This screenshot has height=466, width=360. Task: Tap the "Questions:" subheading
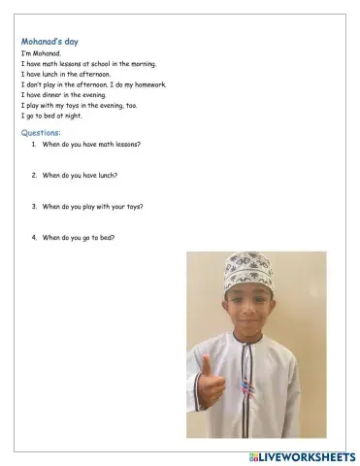(x=41, y=131)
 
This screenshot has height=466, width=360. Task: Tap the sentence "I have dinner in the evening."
(x=64, y=95)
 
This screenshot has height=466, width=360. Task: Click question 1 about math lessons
(x=90, y=144)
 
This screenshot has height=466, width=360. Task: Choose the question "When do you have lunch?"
(x=80, y=175)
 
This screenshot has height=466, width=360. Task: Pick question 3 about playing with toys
(x=93, y=206)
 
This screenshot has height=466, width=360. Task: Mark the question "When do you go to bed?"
(x=78, y=237)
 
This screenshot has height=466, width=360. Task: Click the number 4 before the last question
(x=33, y=237)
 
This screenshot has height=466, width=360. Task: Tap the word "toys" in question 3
(x=135, y=206)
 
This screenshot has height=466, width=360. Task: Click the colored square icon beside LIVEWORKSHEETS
(x=253, y=455)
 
